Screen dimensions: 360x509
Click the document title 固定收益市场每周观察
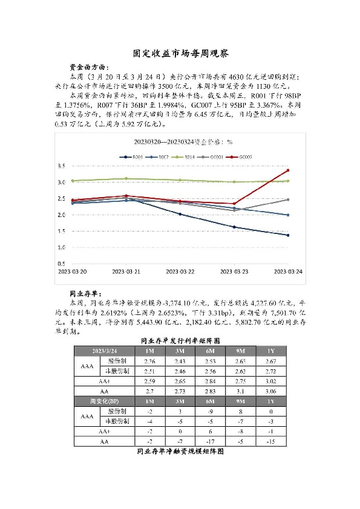[180, 53]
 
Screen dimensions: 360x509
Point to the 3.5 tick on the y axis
[61, 166]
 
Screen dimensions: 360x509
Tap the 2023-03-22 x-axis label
[180, 272]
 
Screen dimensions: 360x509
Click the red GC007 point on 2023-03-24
[287, 170]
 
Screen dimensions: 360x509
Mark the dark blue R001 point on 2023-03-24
[287, 235]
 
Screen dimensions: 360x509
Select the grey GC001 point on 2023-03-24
[287, 199]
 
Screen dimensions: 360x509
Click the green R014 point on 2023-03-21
[126, 178]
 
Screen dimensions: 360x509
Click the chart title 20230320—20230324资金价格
[180, 143]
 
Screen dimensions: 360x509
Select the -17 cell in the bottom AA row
[211, 441]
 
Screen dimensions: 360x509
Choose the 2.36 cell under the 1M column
[150, 361]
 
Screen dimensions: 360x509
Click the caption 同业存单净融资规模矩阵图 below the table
[180, 451]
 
